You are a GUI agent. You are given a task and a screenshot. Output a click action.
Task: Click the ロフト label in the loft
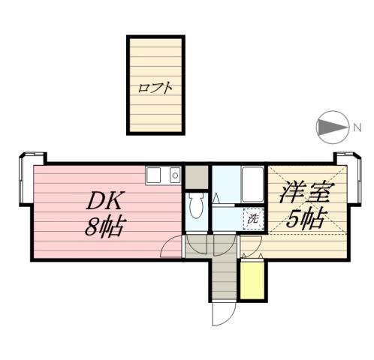click(155, 87)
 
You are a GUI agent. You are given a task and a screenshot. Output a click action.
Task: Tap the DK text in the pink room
click(101, 200)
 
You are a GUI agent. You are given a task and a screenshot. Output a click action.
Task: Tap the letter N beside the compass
click(357, 127)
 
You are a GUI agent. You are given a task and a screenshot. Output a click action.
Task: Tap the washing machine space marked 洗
click(253, 218)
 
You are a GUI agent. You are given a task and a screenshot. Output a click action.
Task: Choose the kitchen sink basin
click(154, 175)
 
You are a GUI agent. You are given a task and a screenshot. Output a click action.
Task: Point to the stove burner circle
click(174, 176)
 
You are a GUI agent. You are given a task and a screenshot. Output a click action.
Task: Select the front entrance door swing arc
click(222, 315)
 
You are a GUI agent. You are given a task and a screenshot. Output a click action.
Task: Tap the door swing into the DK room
click(173, 247)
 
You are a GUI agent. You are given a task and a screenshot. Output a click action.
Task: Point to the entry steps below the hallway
click(223, 283)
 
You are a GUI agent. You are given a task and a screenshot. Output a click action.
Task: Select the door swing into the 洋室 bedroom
click(251, 245)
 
